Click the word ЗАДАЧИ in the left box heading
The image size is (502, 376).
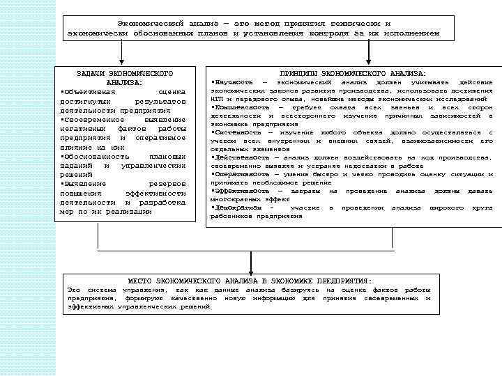click(x=89, y=73)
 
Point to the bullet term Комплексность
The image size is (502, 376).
click(x=238, y=107)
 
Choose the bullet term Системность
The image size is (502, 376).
click(x=234, y=132)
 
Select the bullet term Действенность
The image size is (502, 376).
click(x=238, y=157)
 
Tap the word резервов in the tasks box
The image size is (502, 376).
click(x=167, y=184)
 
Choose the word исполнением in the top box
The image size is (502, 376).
click(x=414, y=33)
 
